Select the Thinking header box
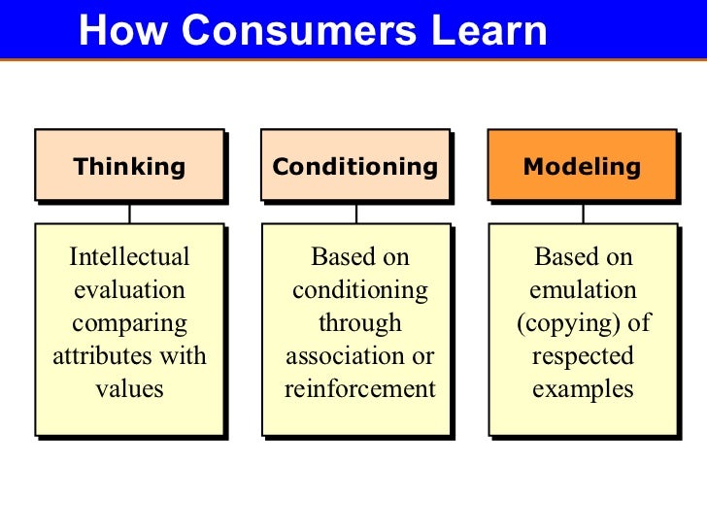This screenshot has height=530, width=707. [129, 166]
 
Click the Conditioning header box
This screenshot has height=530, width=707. [354, 166]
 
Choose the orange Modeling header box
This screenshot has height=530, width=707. [582, 166]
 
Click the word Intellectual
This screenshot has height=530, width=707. [129, 257]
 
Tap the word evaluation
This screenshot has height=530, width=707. [129, 290]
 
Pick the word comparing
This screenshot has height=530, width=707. [129, 323]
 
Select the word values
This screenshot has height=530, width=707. [129, 389]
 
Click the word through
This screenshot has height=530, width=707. [360, 323]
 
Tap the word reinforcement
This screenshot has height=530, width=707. [360, 389]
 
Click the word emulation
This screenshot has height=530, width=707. [583, 290]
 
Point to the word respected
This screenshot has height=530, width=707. [583, 356]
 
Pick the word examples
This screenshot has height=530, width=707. [583, 389]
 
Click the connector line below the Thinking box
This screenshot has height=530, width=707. [129, 213]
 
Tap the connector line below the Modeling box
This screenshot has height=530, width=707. [583, 213]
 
